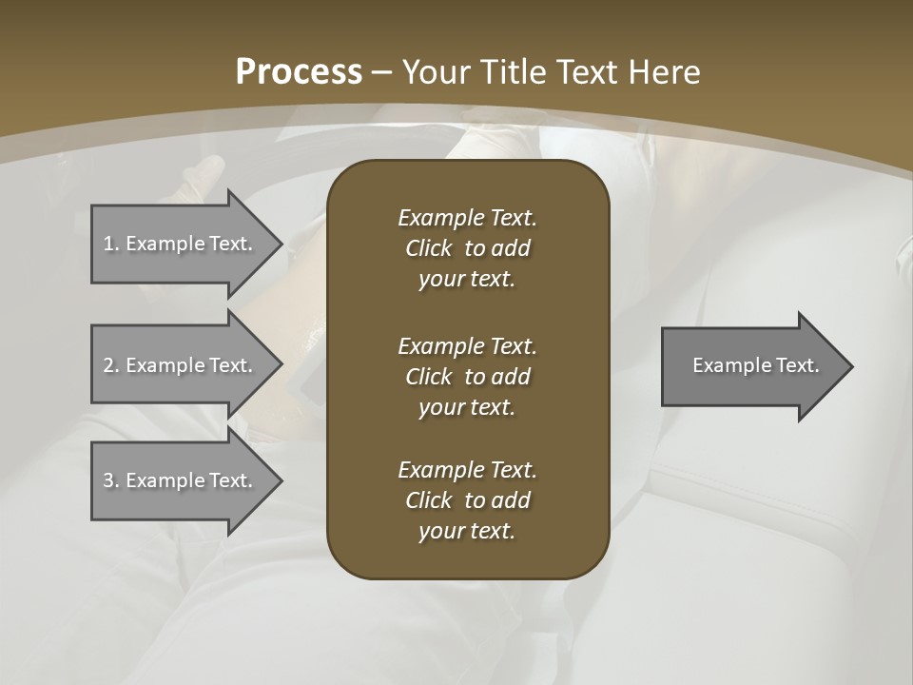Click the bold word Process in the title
coord(299,72)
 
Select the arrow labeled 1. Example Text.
coord(181,244)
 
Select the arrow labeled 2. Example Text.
coord(181,365)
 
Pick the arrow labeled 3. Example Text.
coord(181,480)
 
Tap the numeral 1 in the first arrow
coord(107,244)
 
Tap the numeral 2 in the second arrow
coord(108,365)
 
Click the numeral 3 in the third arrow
coord(108,480)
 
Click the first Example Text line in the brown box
coord(467,218)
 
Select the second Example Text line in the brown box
coord(467,345)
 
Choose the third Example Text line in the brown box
coord(467,470)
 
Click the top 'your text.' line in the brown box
coord(467,280)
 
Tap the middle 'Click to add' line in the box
coord(467,377)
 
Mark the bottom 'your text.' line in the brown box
coord(467,531)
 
